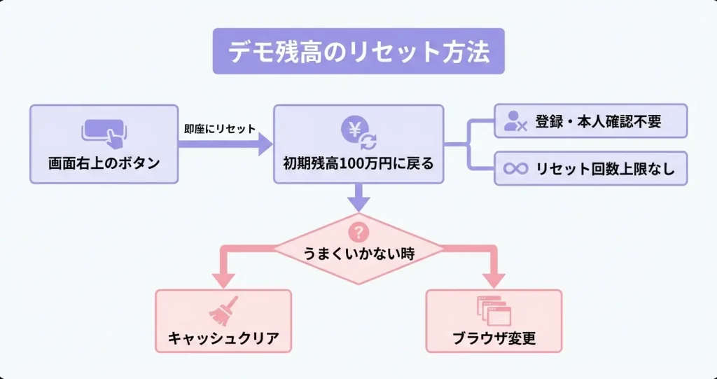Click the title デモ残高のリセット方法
(358, 52)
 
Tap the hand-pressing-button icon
(104, 132)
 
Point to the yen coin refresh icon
(358, 132)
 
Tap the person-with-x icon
(515, 122)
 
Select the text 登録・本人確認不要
(598, 122)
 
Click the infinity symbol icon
(515, 169)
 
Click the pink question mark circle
(358, 230)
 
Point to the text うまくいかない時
(358, 253)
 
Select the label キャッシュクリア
(223, 339)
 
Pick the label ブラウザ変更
(494, 339)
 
